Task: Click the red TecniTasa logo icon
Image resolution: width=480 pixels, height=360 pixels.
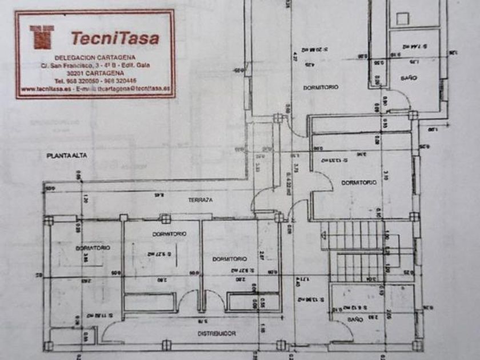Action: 41,37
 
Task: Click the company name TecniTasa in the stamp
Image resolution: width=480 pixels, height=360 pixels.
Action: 115,38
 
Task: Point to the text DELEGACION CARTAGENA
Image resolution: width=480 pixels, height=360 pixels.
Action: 95,58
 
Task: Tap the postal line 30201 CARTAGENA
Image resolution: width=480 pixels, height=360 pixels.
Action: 94,74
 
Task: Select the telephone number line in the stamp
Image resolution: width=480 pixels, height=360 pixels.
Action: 95,81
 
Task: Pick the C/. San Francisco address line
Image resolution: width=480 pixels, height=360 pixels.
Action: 95,66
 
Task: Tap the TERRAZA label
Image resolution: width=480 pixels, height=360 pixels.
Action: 201,200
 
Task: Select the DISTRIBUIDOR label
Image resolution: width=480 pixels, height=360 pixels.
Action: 217,333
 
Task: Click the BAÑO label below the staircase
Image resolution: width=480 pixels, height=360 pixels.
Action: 355,321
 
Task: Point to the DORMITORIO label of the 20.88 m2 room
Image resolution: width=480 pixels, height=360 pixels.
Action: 320,87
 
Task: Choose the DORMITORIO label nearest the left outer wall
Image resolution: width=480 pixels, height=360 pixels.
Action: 93,248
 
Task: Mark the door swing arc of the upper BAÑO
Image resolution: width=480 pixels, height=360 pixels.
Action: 403,102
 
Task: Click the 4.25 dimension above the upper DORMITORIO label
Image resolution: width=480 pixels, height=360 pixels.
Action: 309,65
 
